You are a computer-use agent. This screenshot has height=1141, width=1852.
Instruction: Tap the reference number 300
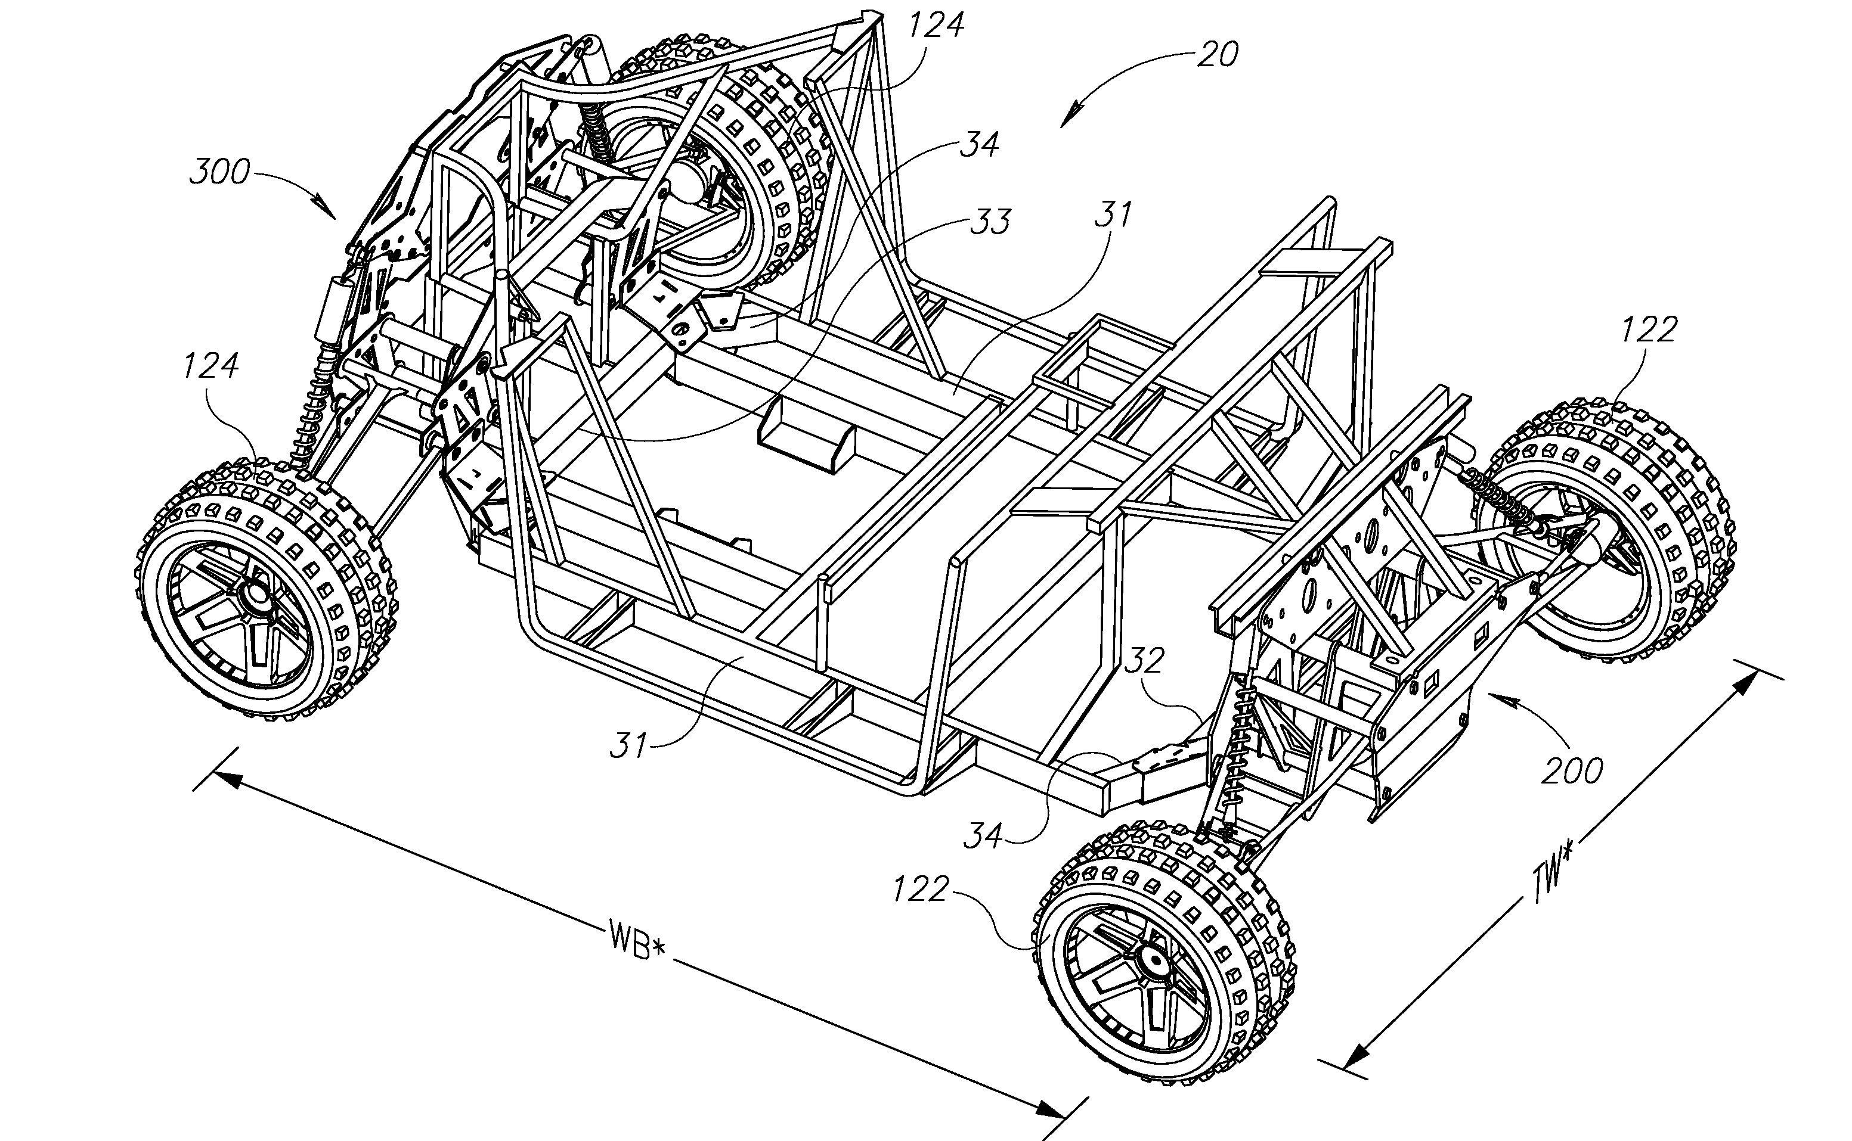219,173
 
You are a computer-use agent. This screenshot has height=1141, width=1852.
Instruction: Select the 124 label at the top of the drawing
936,26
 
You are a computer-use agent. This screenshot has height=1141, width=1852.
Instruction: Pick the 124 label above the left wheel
210,365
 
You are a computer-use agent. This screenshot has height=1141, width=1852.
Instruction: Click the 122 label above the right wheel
1649,329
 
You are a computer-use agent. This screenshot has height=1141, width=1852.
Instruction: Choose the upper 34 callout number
979,145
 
